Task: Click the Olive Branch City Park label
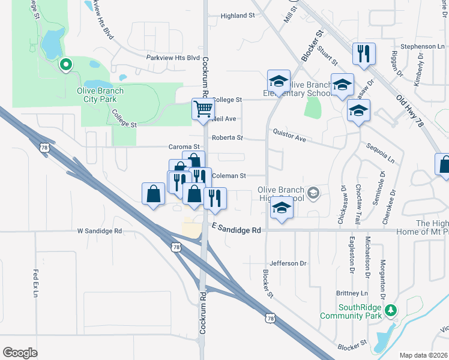coord(100,95)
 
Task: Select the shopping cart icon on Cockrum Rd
coord(203,110)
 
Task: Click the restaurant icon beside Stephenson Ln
coord(364,54)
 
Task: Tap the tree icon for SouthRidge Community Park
coord(391,310)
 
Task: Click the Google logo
coord(20,353)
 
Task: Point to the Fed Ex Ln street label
coord(35,284)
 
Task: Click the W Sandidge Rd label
coord(99,231)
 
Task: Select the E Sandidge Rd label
coord(237,230)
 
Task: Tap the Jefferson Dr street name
coord(288,263)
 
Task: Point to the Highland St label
coord(238,16)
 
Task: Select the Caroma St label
coord(184,146)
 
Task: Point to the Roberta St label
coord(227,137)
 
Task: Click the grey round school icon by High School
coord(313,193)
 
